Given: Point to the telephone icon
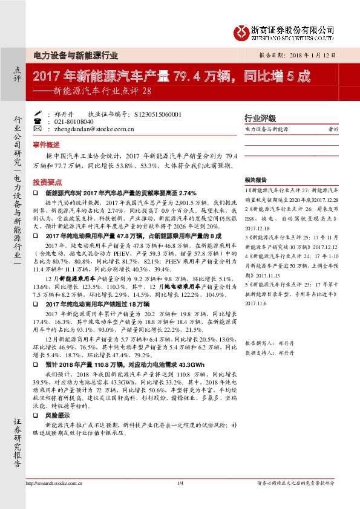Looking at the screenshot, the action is pyautogui.click(x=38, y=121).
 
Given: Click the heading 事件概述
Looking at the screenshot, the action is pyautogui.click(x=47, y=146).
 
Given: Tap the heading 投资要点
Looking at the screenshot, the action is pyautogui.click(x=47, y=181).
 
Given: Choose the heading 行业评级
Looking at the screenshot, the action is pyautogui.click(x=260, y=118).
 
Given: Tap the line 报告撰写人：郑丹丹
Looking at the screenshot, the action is pyautogui.click(x=269, y=343).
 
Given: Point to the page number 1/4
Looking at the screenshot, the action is pyautogui.click(x=180, y=482).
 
